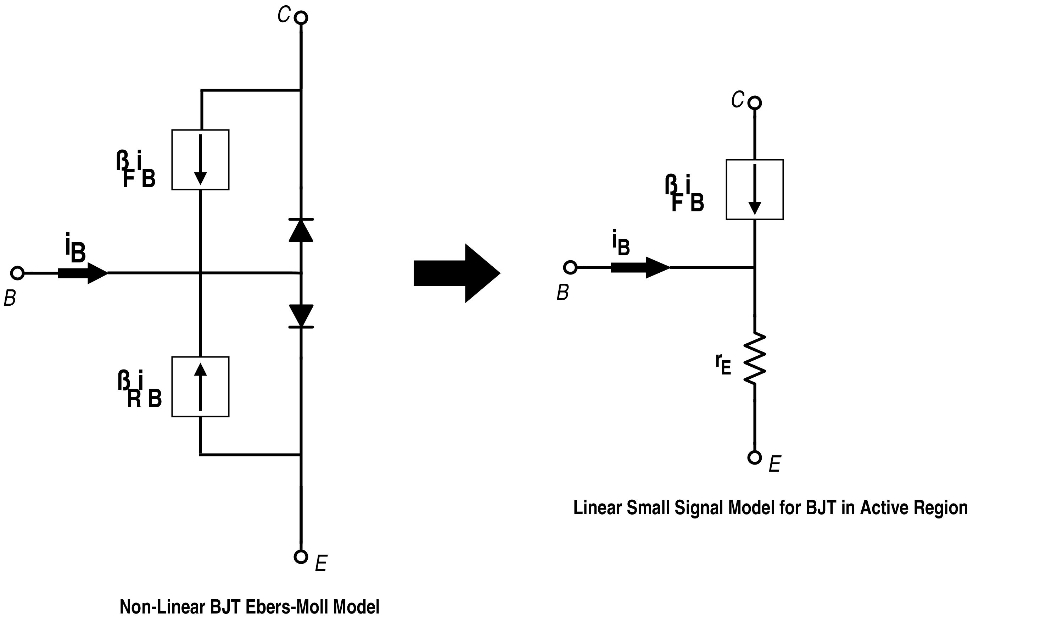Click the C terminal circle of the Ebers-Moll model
[301, 18]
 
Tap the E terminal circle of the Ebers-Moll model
[301, 557]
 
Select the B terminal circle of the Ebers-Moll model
[17, 273]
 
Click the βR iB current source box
[200, 387]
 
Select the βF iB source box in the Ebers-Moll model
[200, 160]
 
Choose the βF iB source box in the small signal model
[755, 190]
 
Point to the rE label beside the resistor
[723, 364]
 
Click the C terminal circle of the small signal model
[755, 103]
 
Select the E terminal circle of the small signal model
[755, 457]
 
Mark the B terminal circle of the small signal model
[570, 268]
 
